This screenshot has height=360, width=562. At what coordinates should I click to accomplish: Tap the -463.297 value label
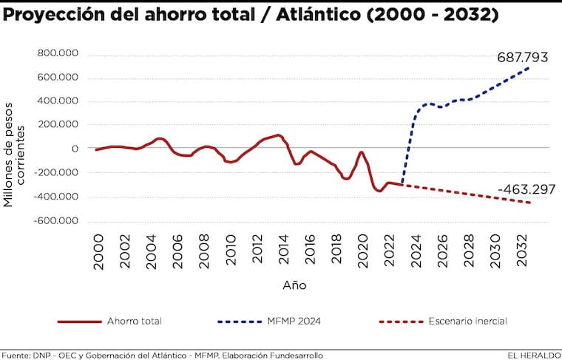527,190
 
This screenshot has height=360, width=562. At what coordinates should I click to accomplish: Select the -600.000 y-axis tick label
55,221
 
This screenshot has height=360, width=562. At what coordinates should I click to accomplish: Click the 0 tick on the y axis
75,149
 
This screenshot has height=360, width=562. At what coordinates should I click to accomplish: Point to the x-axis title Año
294,285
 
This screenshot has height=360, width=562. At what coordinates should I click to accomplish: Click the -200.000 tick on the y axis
55,173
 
